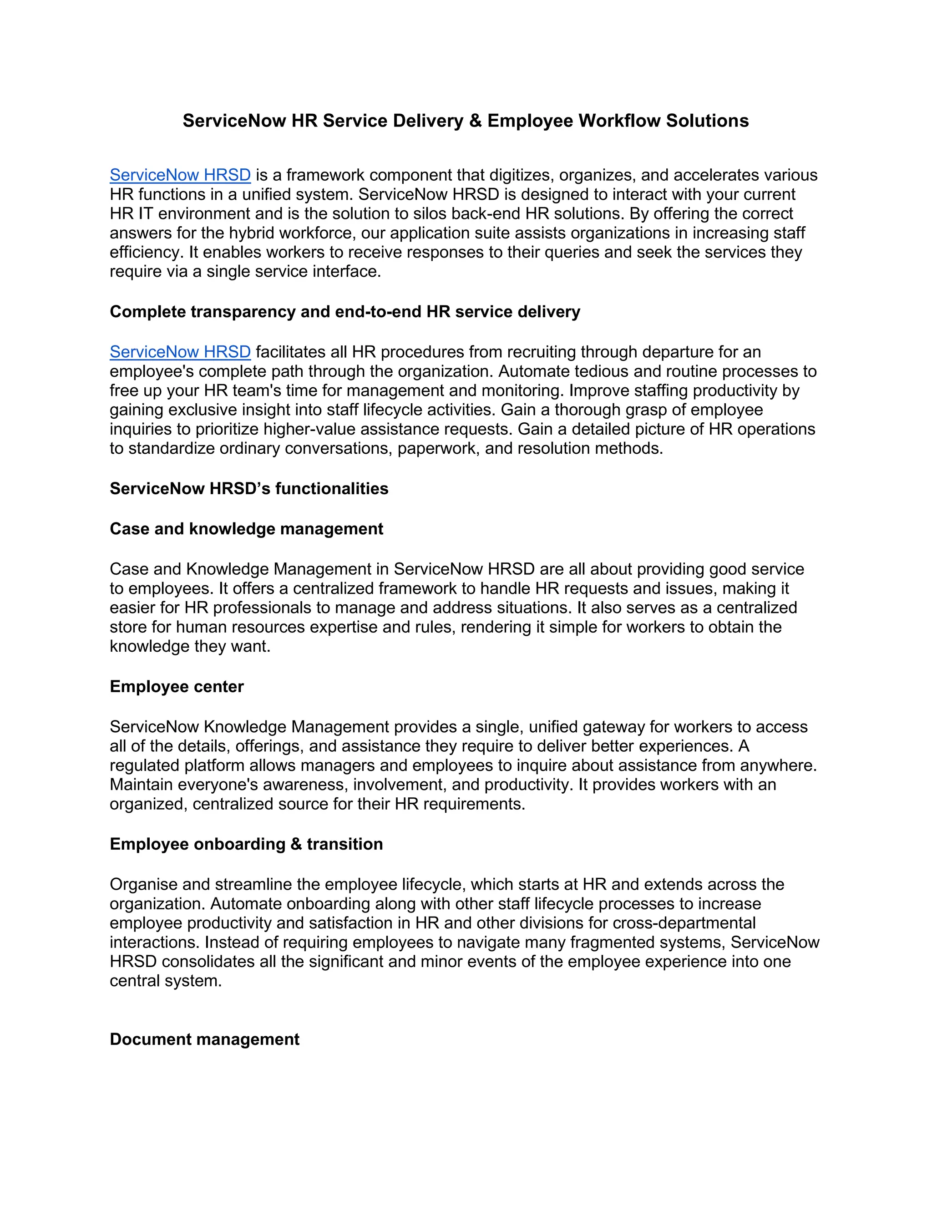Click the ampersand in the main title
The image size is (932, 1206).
pos(476,121)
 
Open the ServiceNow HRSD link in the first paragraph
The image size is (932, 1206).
pos(180,175)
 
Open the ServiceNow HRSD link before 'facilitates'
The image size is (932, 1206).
pos(180,352)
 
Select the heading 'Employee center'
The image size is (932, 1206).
pos(177,686)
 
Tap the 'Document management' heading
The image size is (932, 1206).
pos(204,1039)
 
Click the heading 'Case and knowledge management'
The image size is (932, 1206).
pos(246,528)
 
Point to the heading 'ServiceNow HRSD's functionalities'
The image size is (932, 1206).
pos(249,489)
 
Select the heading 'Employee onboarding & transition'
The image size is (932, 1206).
pos(246,844)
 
